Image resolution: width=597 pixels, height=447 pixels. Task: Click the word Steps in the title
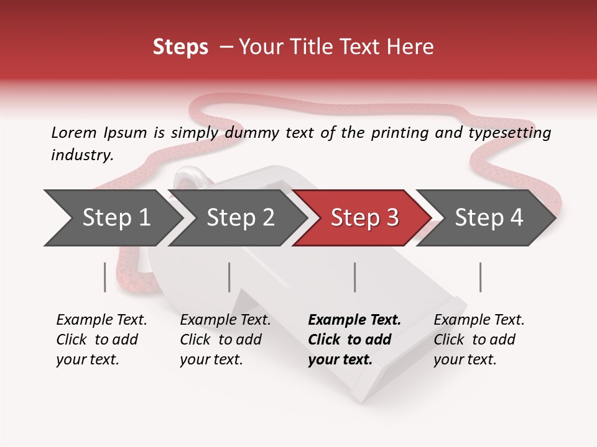[180, 47]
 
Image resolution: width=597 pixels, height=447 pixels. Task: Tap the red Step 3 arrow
[364, 218]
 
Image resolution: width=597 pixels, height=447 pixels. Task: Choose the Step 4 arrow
[488, 218]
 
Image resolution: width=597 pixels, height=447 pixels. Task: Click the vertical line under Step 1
[105, 277]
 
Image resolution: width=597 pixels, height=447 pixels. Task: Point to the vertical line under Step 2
[229, 277]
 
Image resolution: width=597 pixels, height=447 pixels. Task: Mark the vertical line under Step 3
[355, 277]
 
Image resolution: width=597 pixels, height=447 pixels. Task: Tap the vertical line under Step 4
[480, 277]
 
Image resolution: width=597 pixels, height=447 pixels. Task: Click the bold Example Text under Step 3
[354, 320]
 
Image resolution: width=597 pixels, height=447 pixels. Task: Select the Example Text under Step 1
[101, 320]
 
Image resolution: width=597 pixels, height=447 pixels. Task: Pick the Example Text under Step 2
[225, 320]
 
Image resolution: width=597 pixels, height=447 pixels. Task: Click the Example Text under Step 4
[479, 320]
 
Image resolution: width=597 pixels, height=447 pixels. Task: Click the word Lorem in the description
[74, 132]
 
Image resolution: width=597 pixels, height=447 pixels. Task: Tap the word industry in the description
[81, 155]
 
